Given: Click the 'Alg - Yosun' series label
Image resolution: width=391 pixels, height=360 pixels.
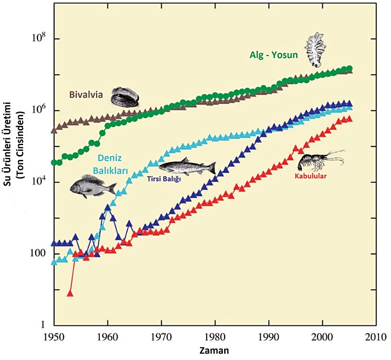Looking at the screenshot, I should [x=273, y=55].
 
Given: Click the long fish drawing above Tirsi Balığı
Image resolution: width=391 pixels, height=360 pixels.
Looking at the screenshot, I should [x=187, y=167].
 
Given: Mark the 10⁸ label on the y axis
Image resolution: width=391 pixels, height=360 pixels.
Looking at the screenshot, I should [x=37, y=38].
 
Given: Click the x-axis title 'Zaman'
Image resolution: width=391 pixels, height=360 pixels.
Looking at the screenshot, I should [x=214, y=351].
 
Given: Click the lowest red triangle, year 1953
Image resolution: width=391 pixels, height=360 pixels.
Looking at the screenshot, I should [x=70, y=294].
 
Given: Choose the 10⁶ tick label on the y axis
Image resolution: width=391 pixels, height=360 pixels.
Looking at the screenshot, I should [x=37, y=110].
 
